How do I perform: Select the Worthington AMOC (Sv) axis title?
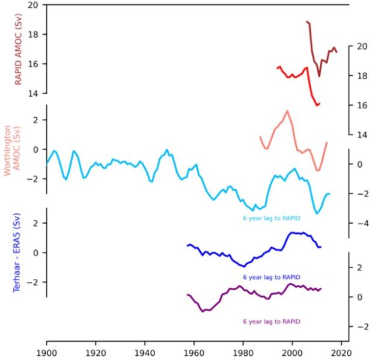(x=13, y=150)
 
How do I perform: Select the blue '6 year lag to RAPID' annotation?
(x=271, y=277)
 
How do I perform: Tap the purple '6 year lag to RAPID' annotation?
(x=271, y=322)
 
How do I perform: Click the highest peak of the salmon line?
(x=287, y=111)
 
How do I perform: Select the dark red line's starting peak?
(x=307, y=22)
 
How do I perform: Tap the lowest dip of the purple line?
(x=204, y=311)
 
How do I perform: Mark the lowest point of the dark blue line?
(x=243, y=266)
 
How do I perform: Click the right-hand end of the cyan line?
(x=329, y=194)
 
